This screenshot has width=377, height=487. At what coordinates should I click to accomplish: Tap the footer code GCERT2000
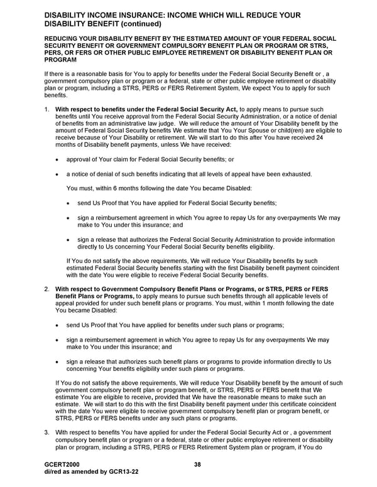[62, 463]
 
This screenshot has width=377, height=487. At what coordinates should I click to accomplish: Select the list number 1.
[46, 110]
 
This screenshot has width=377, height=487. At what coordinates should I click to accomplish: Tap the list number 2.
[46, 289]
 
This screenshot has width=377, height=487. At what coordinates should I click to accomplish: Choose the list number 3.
[46, 432]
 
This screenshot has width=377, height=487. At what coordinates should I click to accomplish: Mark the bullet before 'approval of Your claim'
[58, 159]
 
